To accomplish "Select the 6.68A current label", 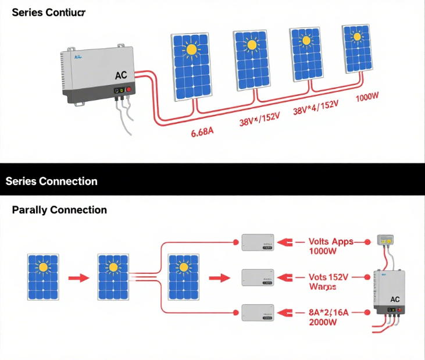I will [202, 133].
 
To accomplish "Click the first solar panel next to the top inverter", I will [191, 67].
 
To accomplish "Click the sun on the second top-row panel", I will [251, 44].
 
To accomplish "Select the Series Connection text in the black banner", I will [52, 181].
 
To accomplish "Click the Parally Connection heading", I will [59, 210].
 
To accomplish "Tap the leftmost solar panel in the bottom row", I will [42, 277].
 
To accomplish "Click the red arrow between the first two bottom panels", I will [78, 278].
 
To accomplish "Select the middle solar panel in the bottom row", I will [113, 277].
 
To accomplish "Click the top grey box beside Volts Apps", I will [258, 242].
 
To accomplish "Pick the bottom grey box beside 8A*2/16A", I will [258, 312].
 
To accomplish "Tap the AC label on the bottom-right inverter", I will [395, 299].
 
